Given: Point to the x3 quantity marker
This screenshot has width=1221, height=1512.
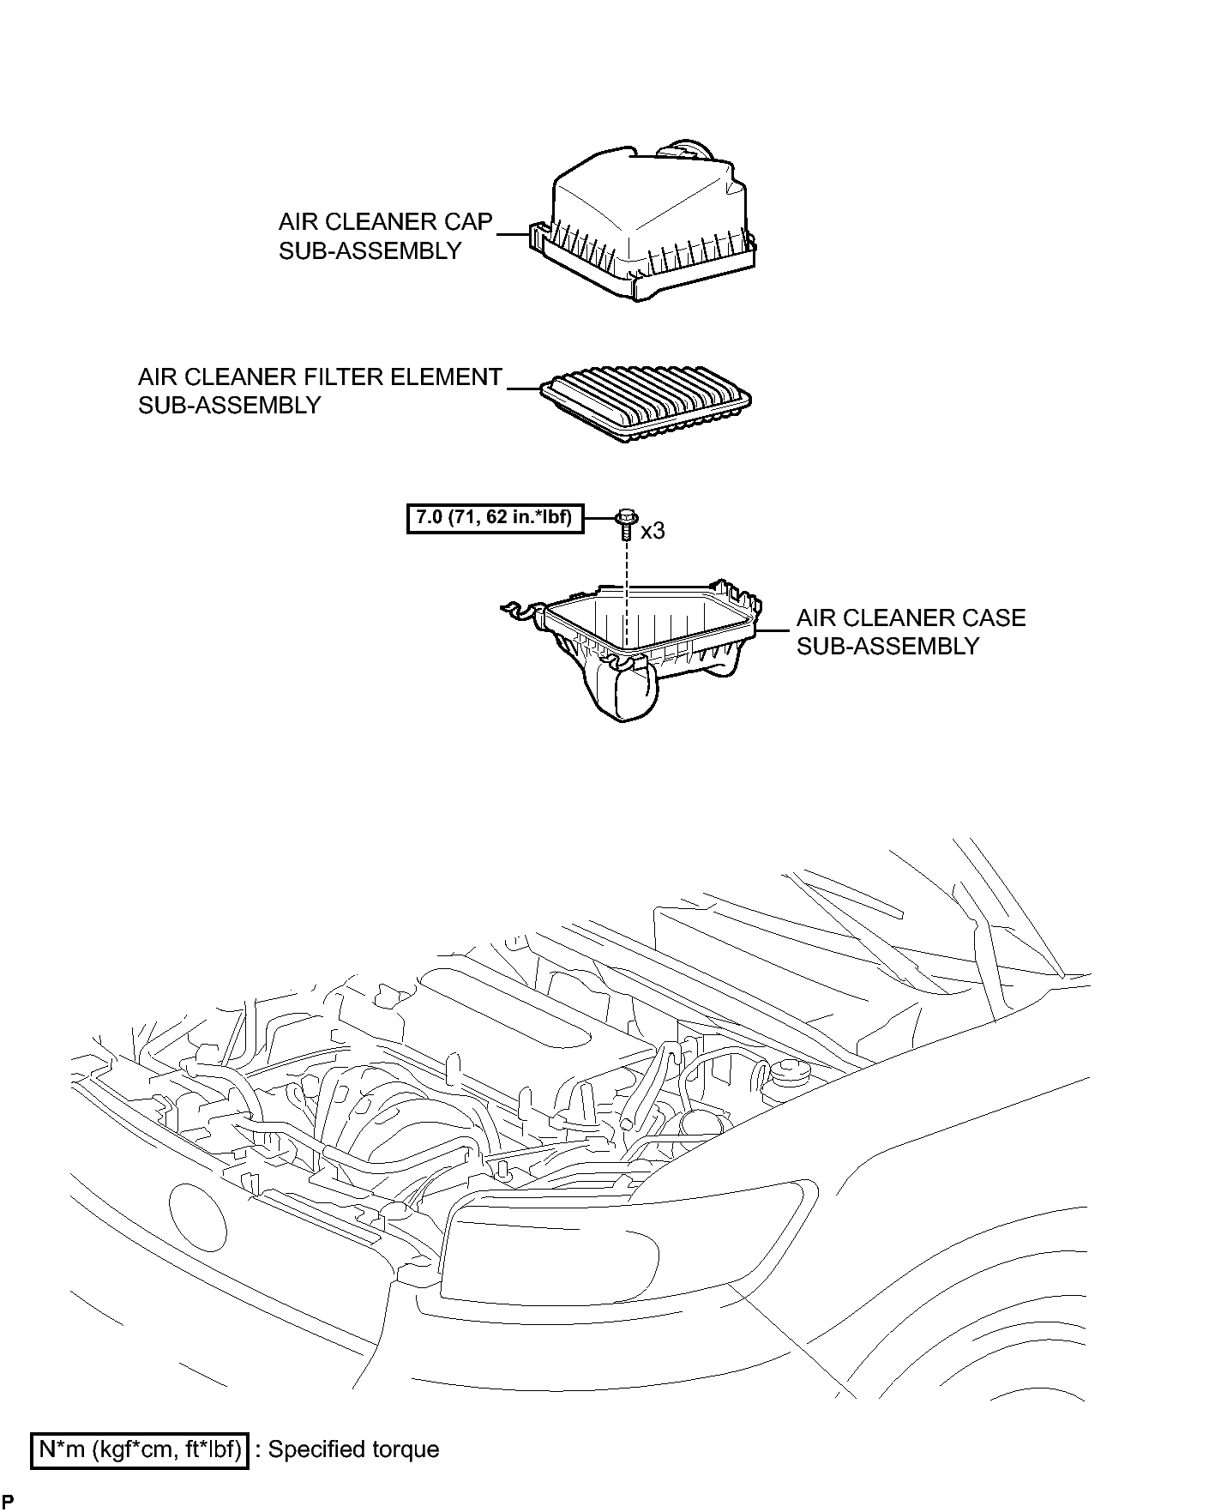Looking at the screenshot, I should click(x=653, y=531).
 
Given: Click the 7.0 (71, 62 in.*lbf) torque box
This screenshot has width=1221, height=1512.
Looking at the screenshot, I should click(x=495, y=519).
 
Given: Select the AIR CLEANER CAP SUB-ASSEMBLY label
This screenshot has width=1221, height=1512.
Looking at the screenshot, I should click(x=385, y=236).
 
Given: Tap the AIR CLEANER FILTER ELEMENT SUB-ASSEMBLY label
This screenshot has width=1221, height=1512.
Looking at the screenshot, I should click(x=319, y=391).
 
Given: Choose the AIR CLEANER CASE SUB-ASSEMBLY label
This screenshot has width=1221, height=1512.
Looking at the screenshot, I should click(x=911, y=631).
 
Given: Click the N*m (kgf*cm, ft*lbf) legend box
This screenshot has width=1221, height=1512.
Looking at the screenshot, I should click(x=140, y=1450).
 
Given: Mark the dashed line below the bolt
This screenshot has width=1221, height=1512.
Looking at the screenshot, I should click(x=628, y=592).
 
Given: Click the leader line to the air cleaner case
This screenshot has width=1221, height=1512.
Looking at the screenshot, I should click(x=773, y=631).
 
